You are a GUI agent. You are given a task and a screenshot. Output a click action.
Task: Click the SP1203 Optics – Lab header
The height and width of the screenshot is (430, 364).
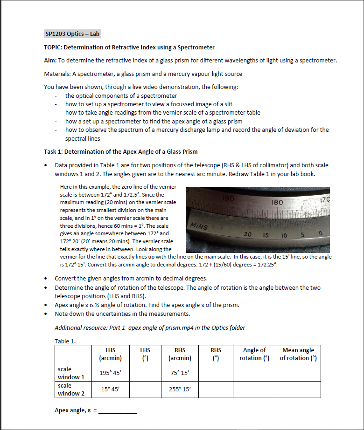click(71, 34)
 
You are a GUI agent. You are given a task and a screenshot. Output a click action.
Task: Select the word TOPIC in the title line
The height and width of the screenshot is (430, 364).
click(52, 48)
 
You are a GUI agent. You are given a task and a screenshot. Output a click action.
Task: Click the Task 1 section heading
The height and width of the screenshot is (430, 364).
click(120, 151)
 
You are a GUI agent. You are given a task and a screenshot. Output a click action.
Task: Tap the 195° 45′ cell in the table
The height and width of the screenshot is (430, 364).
click(111, 373)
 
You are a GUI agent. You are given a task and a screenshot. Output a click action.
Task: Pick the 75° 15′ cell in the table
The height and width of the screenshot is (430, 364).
click(180, 373)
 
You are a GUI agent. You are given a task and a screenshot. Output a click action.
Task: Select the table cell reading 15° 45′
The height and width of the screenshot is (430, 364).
click(111, 389)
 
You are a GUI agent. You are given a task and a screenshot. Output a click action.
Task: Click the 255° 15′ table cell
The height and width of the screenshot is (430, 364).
click(180, 389)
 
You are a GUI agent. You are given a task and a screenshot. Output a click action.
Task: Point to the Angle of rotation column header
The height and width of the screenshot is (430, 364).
click(254, 354)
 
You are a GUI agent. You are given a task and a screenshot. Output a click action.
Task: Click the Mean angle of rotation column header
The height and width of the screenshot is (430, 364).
click(298, 354)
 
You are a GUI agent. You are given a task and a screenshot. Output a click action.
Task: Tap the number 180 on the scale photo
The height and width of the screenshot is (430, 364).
click(277, 203)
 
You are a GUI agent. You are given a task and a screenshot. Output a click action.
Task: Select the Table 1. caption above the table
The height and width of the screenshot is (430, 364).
click(65, 341)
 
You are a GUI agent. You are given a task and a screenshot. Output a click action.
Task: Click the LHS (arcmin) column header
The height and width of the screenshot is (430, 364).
click(111, 354)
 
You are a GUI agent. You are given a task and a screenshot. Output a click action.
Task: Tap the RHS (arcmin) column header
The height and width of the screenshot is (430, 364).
click(180, 354)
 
